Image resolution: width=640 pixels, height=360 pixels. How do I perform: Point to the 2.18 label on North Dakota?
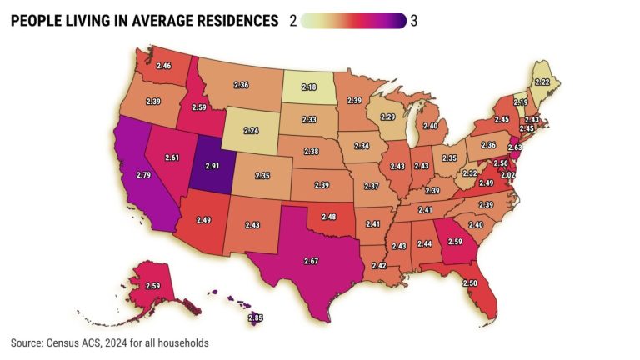(308, 87)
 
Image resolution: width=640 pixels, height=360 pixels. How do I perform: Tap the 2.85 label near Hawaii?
(257, 317)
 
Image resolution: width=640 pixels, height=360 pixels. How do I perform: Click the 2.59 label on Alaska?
(152, 287)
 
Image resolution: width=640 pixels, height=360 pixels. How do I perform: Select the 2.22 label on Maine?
(541, 82)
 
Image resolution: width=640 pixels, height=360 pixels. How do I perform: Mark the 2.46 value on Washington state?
(163, 66)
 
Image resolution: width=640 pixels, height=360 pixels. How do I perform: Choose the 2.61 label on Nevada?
(172, 157)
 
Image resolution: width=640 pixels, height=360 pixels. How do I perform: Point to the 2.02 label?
(508, 175)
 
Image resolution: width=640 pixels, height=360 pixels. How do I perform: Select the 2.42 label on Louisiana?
(379, 265)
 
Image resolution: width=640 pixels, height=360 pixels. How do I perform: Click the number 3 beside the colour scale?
(414, 21)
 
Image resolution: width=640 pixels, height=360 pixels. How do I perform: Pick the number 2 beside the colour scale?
(292, 21)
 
